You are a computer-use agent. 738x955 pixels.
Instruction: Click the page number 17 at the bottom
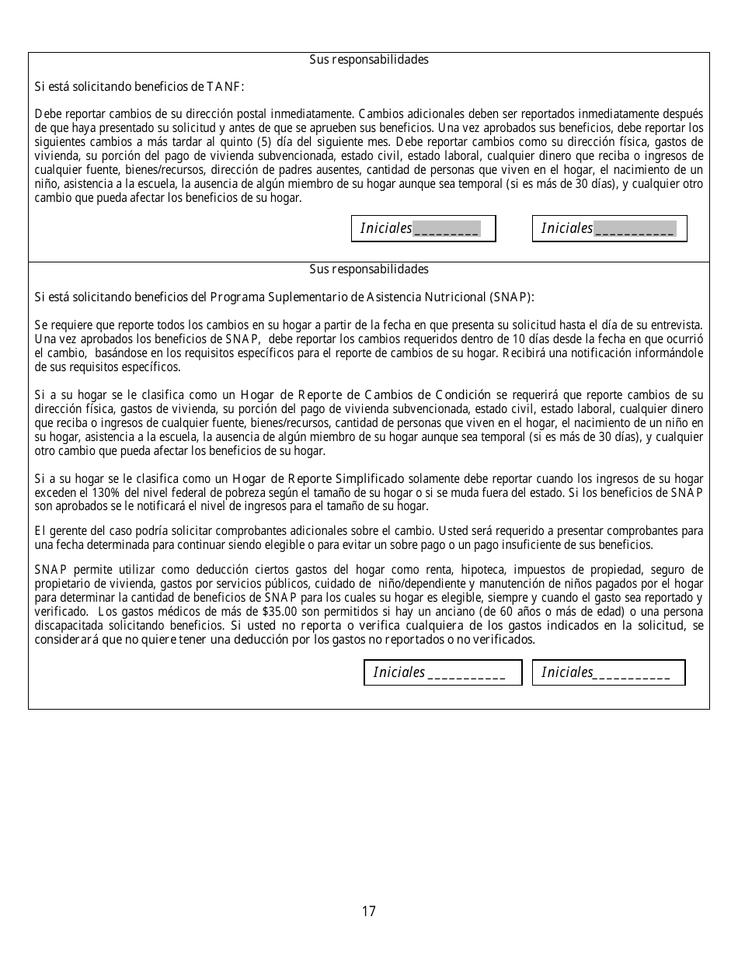(x=368, y=912)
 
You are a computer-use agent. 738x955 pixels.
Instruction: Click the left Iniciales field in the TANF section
(x=423, y=228)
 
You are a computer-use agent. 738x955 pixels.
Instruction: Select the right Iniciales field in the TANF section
(x=609, y=228)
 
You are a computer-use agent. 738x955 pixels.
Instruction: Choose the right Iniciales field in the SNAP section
(x=608, y=672)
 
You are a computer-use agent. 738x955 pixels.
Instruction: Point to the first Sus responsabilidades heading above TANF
(x=369, y=60)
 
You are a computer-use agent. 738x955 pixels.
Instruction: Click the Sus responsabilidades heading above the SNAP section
(x=369, y=269)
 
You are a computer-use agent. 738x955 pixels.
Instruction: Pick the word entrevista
(x=677, y=325)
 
